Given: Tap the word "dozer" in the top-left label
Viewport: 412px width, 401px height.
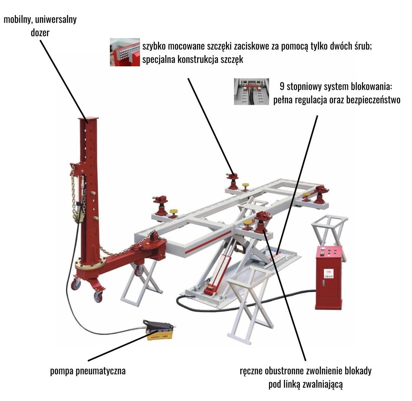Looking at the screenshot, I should pyautogui.click(x=40, y=33).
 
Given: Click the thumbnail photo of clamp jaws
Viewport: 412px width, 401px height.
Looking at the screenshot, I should pyautogui.click(x=125, y=52).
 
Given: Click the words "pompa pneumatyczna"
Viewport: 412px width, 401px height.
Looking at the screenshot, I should pyautogui.click(x=88, y=371).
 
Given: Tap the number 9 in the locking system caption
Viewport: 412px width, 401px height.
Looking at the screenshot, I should pyautogui.click(x=282, y=87).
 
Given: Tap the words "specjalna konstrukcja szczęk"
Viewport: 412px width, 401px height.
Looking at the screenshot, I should pyautogui.click(x=193, y=59).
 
